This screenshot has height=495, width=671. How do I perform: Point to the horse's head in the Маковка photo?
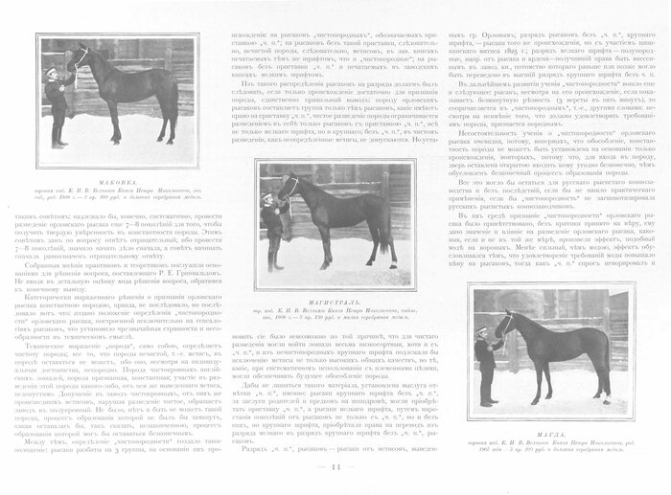(75, 57)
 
